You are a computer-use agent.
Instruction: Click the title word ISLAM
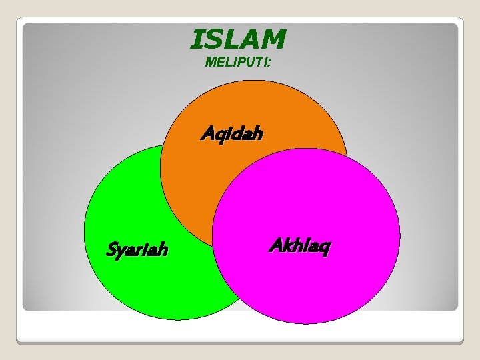click(x=238, y=39)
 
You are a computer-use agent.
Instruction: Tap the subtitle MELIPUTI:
click(x=238, y=63)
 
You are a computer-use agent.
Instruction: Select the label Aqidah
click(x=232, y=134)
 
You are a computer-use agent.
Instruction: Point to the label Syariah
click(x=137, y=250)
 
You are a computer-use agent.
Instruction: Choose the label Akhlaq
click(x=299, y=246)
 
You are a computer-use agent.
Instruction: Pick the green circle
click(x=133, y=200)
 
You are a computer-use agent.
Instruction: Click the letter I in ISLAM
click(x=197, y=39)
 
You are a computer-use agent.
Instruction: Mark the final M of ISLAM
click(x=273, y=39)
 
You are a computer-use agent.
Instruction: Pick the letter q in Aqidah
click(x=218, y=136)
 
